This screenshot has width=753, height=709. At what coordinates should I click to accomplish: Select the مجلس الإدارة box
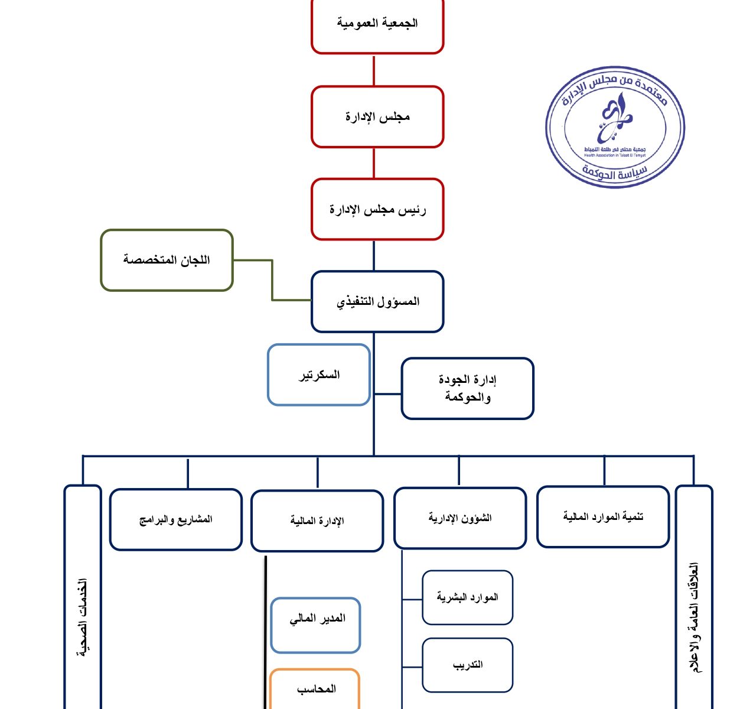pyautogui.click(x=377, y=117)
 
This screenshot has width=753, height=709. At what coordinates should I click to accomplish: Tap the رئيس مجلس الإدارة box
pyautogui.click(x=377, y=210)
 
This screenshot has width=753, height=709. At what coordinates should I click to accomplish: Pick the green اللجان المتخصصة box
pyautogui.click(x=167, y=261)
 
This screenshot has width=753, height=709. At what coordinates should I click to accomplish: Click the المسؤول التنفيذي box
pyautogui.click(x=377, y=302)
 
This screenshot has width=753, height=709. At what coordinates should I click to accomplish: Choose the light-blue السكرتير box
pyautogui.click(x=319, y=375)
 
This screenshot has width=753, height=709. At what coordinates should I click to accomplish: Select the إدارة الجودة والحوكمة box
pyautogui.click(x=467, y=389)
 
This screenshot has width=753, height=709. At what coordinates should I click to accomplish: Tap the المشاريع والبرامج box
pyautogui.click(x=176, y=520)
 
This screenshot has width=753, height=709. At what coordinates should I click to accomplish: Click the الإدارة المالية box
pyautogui.click(x=317, y=521)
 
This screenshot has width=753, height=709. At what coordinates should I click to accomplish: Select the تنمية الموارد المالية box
pyautogui.click(x=603, y=517)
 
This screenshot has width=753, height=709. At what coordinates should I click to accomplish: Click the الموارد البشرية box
pyautogui.click(x=467, y=597)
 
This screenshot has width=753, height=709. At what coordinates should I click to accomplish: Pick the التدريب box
pyautogui.click(x=467, y=665)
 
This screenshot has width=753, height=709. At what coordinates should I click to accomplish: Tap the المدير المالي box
pyautogui.click(x=316, y=625)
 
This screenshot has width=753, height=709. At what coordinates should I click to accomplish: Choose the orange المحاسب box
pyautogui.click(x=315, y=690)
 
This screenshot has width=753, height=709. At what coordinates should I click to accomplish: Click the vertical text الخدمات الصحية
pyautogui.click(x=83, y=617)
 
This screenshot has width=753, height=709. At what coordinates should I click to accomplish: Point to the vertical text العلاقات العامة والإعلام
pyautogui.click(x=694, y=617)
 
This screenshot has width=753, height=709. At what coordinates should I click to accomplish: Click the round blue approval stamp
pyautogui.click(x=615, y=127)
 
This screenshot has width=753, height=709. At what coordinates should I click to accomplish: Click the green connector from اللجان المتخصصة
pyautogui.click(x=272, y=281)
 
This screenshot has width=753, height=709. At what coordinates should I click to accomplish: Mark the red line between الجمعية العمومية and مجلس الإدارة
pyautogui.click(x=374, y=70)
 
